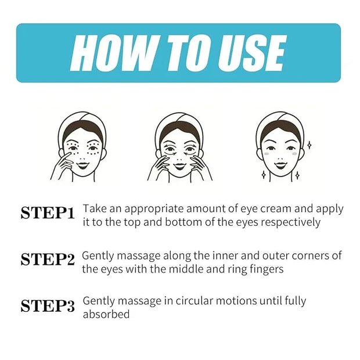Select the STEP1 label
coord(48,213)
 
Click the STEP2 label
coord(48,260)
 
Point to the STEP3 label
coord(48,306)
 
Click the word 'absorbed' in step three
coord(106,314)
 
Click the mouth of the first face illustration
coord(82,165)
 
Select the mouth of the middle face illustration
coord(179,165)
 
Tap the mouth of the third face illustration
coord(280,165)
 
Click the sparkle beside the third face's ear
coord(309,145)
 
